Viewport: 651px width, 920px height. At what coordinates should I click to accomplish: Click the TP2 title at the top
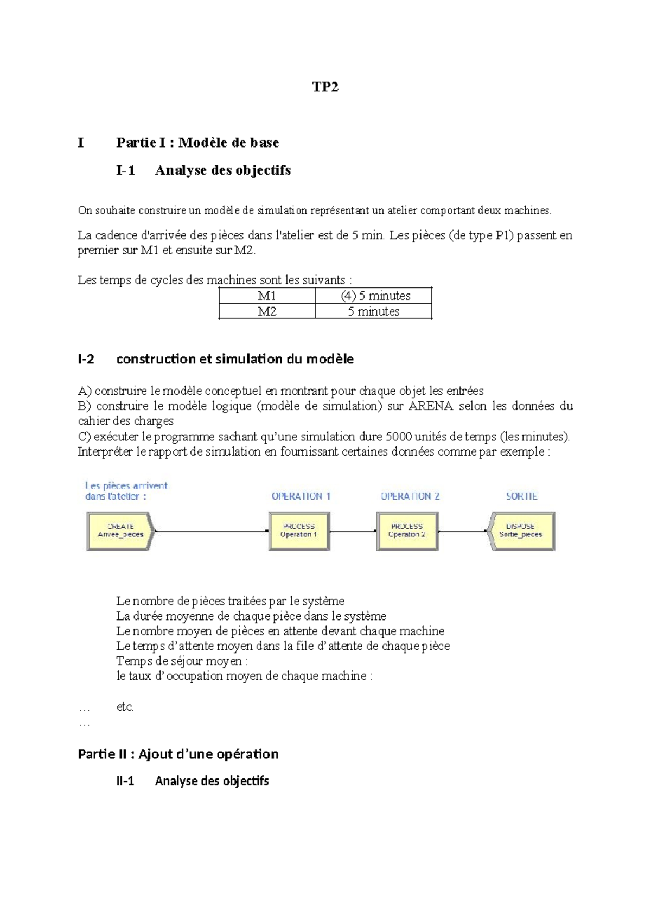point(325,87)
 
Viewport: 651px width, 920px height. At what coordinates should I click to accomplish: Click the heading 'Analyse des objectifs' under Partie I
point(222,170)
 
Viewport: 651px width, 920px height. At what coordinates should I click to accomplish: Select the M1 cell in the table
point(266,296)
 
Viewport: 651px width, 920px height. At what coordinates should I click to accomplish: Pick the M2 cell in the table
point(266,311)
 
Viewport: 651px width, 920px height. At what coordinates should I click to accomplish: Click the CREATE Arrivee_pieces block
point(120,531)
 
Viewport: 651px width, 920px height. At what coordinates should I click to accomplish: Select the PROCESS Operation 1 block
point(298,531)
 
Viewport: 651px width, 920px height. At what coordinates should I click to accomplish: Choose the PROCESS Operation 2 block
point(406,531)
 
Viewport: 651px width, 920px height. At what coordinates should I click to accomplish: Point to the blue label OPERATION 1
point(301,496)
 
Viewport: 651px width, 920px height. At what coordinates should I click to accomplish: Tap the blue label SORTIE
point(521,496)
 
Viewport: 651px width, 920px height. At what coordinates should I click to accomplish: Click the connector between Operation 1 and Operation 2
point(353,531)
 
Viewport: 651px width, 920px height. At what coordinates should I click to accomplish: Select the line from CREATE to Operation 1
point(212,531)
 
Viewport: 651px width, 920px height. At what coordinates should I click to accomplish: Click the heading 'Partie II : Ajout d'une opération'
point(178,754)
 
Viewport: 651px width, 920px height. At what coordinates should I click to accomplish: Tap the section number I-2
point(86,359)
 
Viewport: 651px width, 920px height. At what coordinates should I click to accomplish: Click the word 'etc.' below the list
point(125,706)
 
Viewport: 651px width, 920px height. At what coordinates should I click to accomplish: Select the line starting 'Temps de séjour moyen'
point(182,661)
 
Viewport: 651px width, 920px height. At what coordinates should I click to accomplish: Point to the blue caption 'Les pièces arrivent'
point(126,485)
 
